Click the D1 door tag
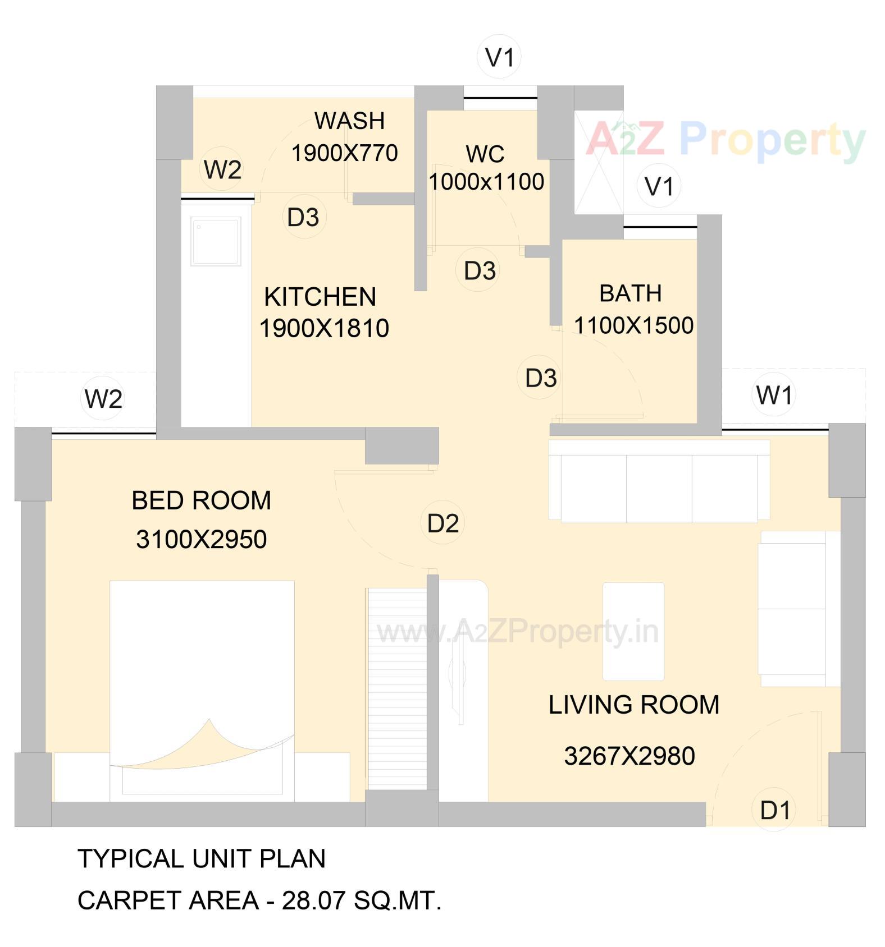click(774, 810)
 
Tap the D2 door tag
click(442, 523)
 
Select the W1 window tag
click(774, 395)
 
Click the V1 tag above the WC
click(499, 57)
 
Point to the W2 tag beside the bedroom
click(103, 399)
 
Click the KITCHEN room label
click(320, 297)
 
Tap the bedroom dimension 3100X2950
click(201, 539)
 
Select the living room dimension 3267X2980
click(629, 756)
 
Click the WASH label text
click(349, 121)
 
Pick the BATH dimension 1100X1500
click(633, 325)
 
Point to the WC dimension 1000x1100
click(486, 181)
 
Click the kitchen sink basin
click(216, 242)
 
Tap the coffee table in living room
click(633, 631)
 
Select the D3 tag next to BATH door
click(540, 378)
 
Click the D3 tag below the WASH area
click(303, 217)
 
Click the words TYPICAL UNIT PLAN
click(201, 859)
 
